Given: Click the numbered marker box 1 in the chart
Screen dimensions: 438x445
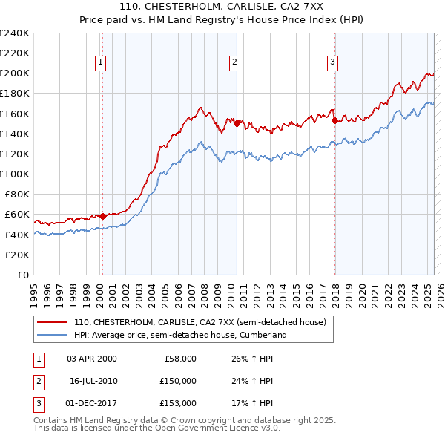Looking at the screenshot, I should (x=100, y=62).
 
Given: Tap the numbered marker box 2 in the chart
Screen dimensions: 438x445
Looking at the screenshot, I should (x=234, y=62).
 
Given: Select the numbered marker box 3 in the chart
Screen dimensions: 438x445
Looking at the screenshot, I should (x=332, y=62).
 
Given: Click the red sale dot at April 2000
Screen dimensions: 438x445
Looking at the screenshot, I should (x=102, y=216).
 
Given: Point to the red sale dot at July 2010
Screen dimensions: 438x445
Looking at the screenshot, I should (x=237, y=123).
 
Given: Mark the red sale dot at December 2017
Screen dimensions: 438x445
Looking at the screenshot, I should (x=334, y=120).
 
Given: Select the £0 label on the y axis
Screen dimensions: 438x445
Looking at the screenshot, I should (x=22, y=275).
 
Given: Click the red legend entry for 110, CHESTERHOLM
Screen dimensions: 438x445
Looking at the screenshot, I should (x=200, y=322).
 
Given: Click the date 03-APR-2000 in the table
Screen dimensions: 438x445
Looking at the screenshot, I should (x=92, y=359).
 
